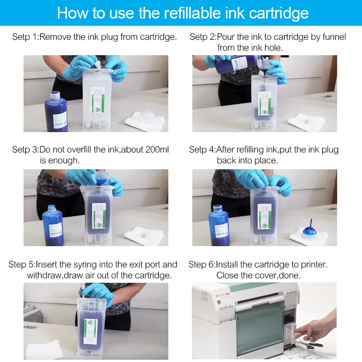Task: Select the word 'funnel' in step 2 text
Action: click(x=334, y=37)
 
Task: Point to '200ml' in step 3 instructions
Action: click(x=157, y=149)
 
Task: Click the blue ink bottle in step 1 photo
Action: click(x=56, y=111)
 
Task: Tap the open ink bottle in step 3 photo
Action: click(x=53, y=225)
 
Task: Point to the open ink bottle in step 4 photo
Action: click(x=219, y=225)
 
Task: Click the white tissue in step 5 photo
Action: click(x=45, y=350)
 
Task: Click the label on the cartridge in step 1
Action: click(x=98, y=101)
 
